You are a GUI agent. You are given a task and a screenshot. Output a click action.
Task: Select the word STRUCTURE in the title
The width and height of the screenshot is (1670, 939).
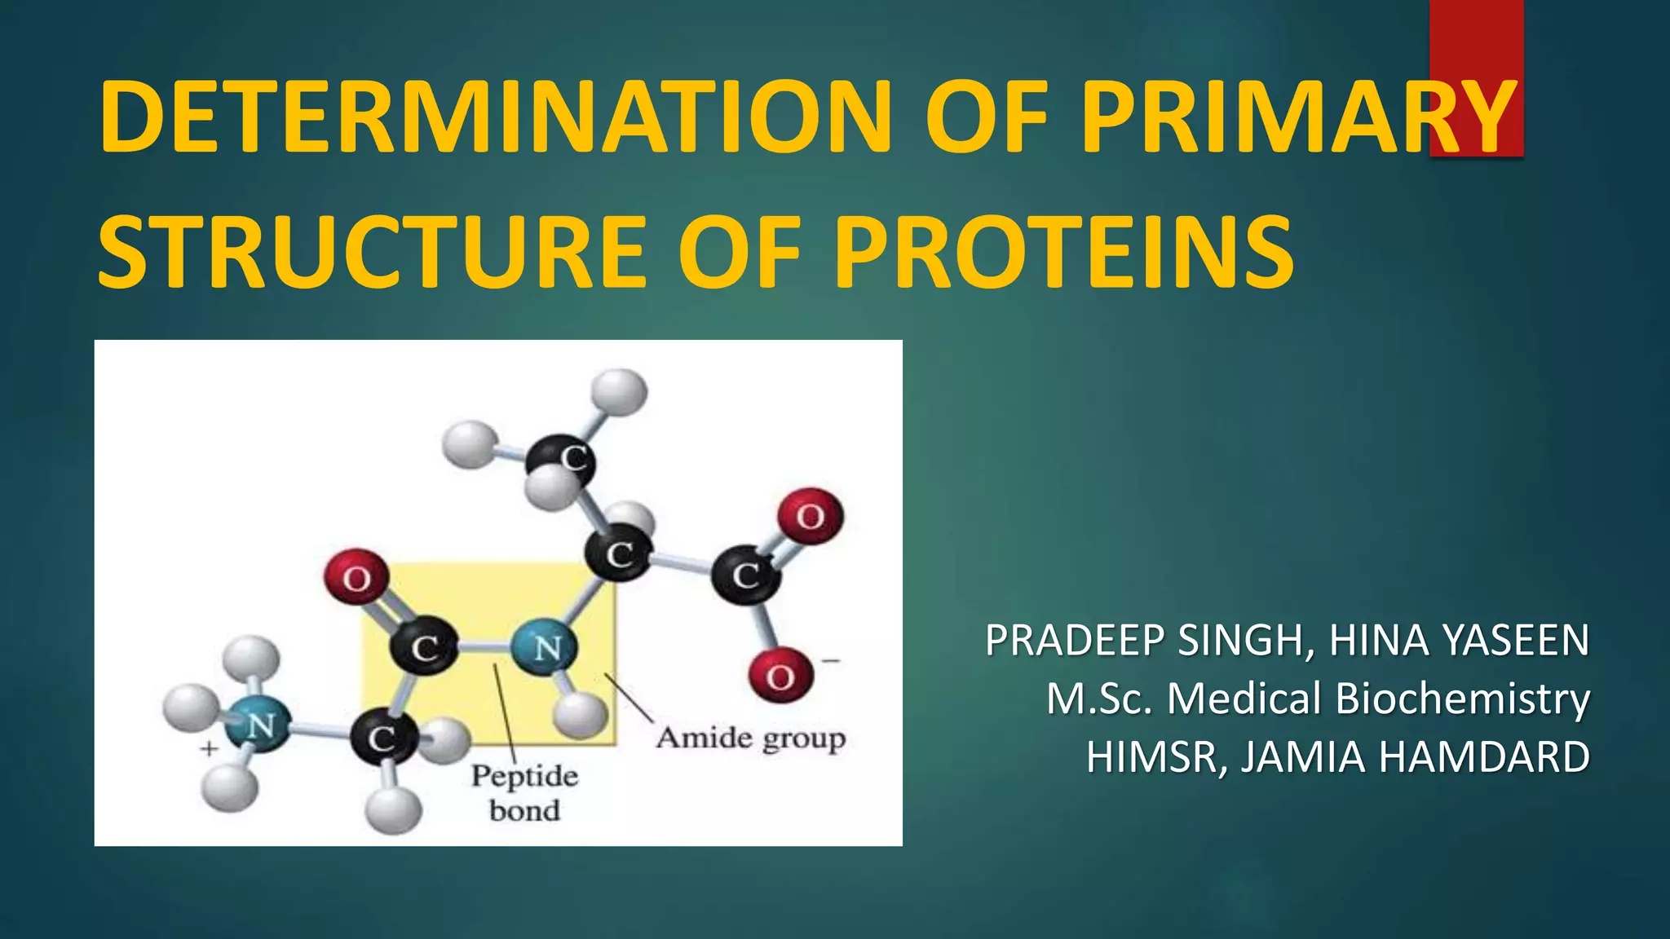click(x=372, y=252)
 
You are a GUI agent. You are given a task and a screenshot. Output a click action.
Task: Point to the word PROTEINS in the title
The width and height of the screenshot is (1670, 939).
click(x=1063, y=252)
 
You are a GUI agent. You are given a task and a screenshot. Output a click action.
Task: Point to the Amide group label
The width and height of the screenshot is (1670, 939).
click(x=751, y=738)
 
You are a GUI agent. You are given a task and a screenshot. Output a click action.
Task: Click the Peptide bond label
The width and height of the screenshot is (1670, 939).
click(x=524, y=793)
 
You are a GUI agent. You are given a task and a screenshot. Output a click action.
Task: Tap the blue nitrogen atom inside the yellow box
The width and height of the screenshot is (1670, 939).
click(x=545, y=648)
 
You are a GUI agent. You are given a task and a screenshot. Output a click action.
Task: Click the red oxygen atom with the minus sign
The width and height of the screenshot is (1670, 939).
click(x=780, y=675)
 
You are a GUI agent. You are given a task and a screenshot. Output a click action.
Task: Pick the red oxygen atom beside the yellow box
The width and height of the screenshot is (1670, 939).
click(x=356, y=578)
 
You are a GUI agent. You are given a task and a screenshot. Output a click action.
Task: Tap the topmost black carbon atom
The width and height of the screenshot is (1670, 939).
click(x=561, y=461)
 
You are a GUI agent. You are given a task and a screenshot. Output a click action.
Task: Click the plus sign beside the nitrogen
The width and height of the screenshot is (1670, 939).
click(x=210, y=748)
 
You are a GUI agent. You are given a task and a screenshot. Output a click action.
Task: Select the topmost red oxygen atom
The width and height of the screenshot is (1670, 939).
click(x=810, y=516)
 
